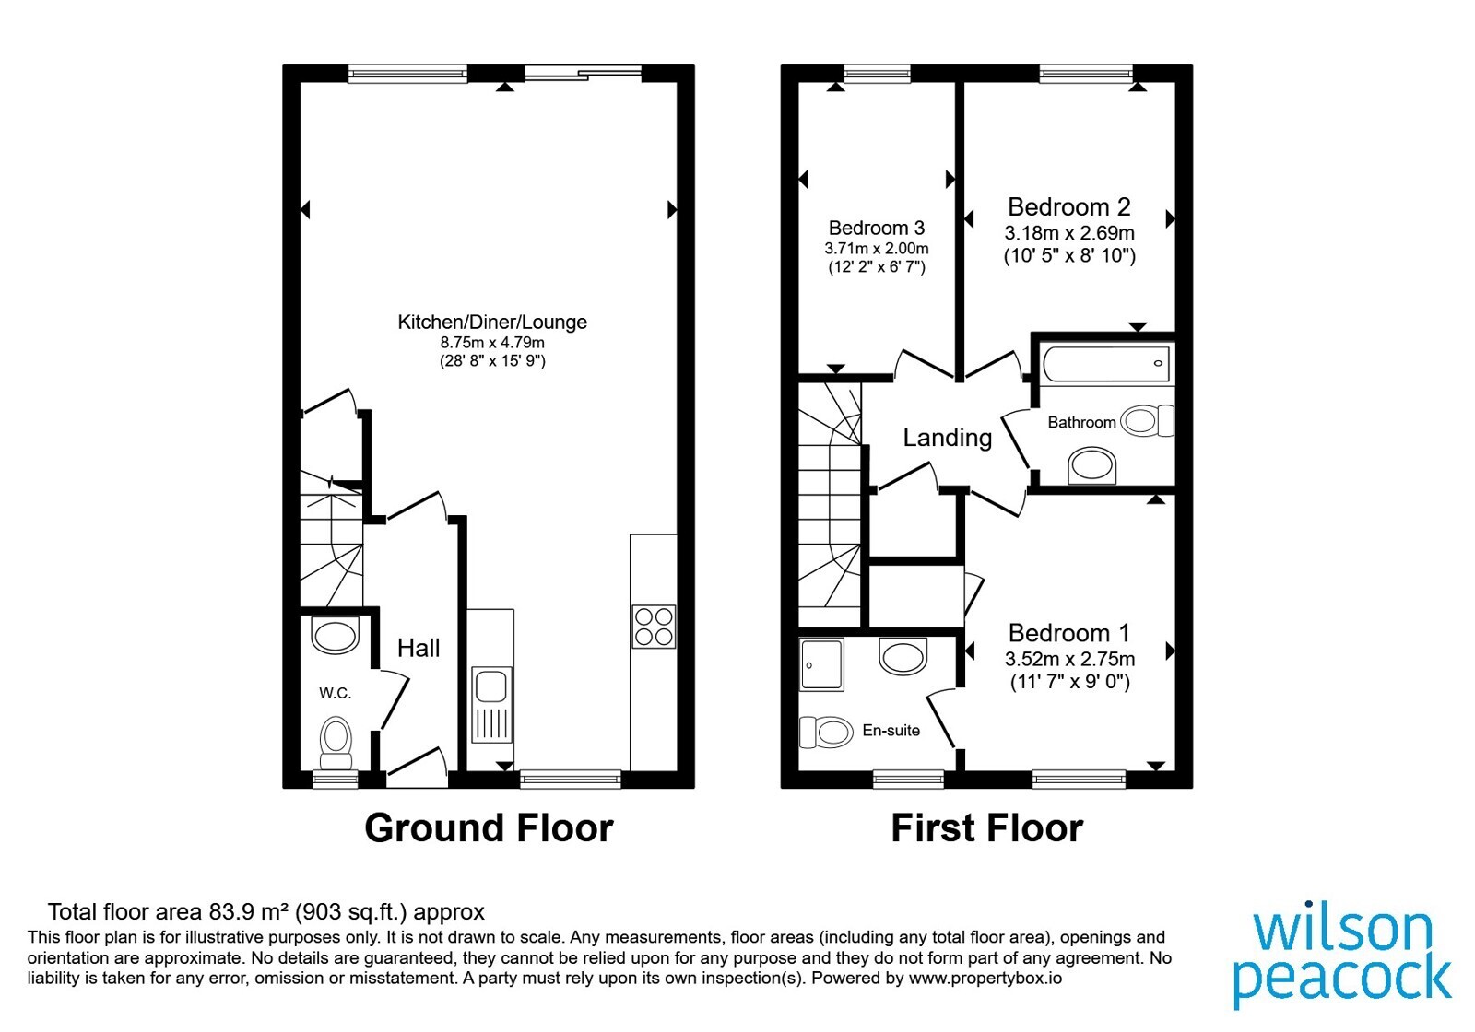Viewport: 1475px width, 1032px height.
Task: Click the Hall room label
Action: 419,649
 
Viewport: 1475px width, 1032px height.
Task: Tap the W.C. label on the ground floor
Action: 336,692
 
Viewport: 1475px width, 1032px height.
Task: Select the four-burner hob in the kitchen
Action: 654,627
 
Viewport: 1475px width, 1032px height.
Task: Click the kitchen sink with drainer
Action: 491,704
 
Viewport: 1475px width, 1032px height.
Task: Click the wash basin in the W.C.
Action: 335,635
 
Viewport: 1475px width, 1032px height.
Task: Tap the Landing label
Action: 947,438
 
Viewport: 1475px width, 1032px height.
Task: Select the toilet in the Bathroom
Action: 1147,420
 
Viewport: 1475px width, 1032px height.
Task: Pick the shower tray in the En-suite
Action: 821,664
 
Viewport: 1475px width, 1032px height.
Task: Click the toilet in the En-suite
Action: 826,732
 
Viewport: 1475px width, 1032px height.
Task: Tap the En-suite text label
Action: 891,730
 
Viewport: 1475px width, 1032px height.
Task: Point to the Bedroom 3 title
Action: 877,228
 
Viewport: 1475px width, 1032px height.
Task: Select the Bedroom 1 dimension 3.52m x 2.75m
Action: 1069,659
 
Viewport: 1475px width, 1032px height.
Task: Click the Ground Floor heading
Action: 489,827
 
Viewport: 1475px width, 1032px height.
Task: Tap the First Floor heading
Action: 986,827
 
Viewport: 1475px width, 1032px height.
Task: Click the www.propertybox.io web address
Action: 985,978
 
